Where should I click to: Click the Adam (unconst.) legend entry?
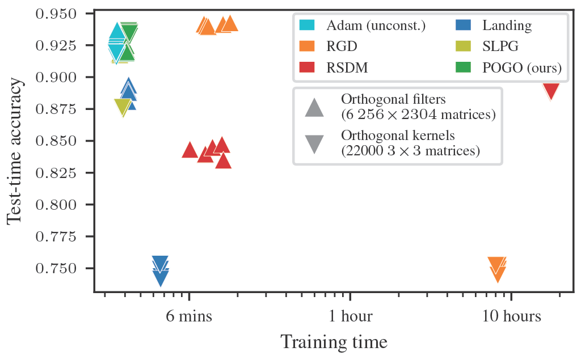[x=376, y=26]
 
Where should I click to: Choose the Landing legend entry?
[x=507, y=26]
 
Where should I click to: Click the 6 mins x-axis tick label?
[x=190, y=316]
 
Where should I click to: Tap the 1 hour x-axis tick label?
[x=351, y=316]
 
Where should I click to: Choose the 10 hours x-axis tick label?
[x=512, y=316]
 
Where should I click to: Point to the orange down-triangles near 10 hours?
[x=497, y=269]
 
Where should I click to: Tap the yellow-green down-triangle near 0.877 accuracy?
[x=123, y=107]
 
